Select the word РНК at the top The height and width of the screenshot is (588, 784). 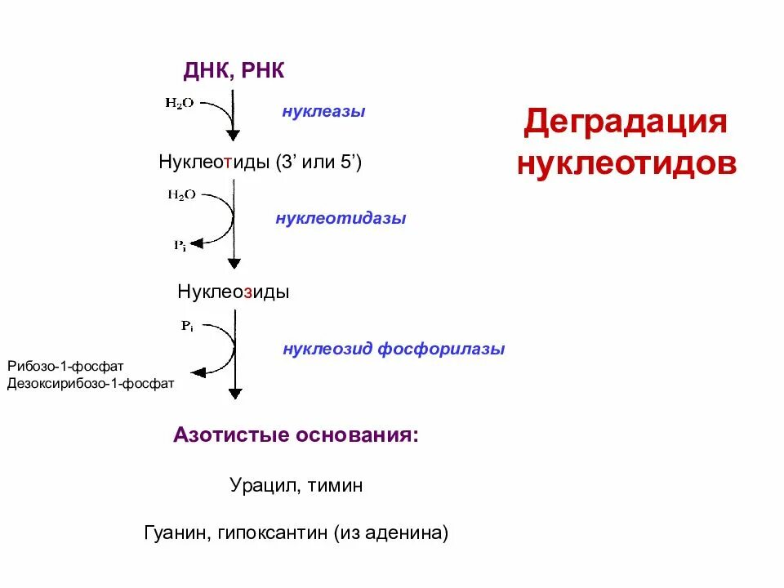coord(263,71)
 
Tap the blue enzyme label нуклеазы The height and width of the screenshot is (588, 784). coord(323,111)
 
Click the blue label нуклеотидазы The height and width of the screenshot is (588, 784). coord(341,219)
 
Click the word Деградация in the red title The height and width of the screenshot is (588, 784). coord(625,122)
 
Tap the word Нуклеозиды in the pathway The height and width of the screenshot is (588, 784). coord(234,292)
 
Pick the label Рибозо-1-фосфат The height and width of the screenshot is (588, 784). coord(65,366)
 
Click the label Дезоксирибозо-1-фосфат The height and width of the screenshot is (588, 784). coord(91,382)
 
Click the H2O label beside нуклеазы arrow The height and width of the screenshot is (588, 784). coord(180,105)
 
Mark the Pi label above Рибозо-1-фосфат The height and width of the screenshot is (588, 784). coord(187,326)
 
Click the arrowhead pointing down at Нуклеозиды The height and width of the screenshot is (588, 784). coord(234,264)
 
